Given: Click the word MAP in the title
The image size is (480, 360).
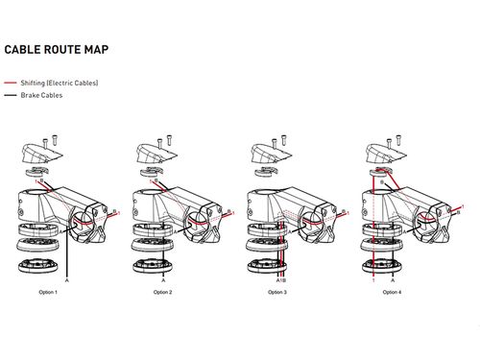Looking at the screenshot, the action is pyautogui.click(x=96, y=50).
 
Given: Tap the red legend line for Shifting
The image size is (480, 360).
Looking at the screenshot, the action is pyautogui.click(x=11, y=83).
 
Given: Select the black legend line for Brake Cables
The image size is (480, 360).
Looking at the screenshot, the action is pyautogui.click(x=11, y=95).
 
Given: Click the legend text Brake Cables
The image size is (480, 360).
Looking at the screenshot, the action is pyautogui.click(x=41, y=95).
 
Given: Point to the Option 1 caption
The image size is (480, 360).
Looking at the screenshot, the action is pyautogui.click(x=48, y=292).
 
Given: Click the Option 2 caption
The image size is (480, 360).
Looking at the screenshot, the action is pyautogui.click(x=162, y=292).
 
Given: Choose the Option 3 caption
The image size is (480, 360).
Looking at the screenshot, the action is pyautogui.click(x=277, y=292).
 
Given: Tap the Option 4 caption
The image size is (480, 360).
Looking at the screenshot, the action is pyautogui.click(x=392, y=292).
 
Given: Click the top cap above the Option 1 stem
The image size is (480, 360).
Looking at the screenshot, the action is pyautogui.click(x=41, y=154).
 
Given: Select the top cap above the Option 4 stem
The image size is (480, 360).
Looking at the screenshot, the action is pyautogui.click(x=386, y=154).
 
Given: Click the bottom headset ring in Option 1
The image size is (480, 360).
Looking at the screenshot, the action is pyautogui.click(x=38, y=266).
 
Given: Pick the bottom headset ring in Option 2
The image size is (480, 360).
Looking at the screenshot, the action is pyautogui.click(x=153, y=266).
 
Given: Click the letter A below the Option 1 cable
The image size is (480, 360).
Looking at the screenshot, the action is pyautogui.click(x=67, y=280).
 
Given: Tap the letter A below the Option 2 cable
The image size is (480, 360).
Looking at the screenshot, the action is pyautogui.click(x=163, y=280).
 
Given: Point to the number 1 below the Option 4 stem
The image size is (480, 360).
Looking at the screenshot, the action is pyautogui.click(x=373, y=280).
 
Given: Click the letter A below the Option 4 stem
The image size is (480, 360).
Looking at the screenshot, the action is pyautogui.click(x=393, y=280).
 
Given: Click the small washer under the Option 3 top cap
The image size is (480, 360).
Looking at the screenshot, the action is pyautogui.click(x=265, y=172).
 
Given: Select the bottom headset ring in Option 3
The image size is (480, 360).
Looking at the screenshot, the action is pyautogui.click(x=268, y=266).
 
